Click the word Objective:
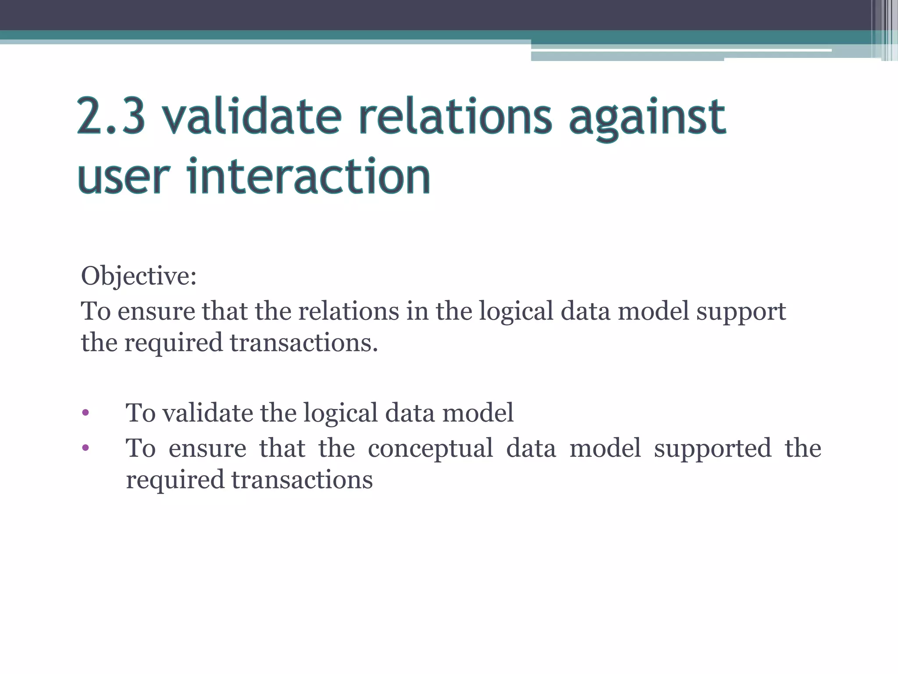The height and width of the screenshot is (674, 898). pyautogui.click(x=139, y=277)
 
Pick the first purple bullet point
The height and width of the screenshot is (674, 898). pyautogui.click(x=86, y=412)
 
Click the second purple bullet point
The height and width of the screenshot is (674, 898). pyautogui.click(x=86, y=448)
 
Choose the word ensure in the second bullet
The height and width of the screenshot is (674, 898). pyautogui.click(x=207, y=449)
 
